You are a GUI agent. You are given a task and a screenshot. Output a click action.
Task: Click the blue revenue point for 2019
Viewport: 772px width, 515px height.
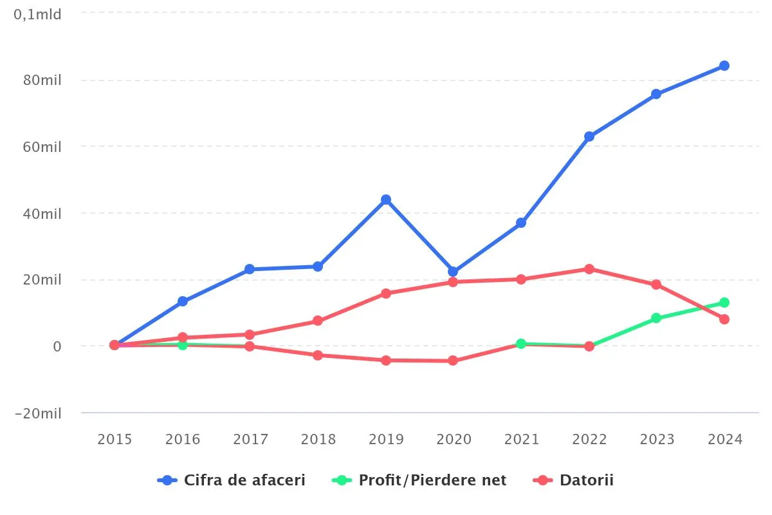point(386,200)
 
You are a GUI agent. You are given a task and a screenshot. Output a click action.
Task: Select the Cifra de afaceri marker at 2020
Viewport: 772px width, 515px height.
point(453,272)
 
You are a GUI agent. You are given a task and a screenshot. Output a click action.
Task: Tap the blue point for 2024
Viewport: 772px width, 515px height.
point(724,66)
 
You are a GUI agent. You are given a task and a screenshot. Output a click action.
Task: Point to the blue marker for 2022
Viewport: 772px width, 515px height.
point(589,136)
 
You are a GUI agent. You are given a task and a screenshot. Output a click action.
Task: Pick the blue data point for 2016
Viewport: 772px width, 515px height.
point(183,301)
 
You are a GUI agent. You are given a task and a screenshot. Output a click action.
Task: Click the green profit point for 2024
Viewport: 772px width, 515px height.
point(724,303)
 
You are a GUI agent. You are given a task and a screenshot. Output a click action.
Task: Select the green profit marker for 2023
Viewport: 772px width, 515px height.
point(656,318)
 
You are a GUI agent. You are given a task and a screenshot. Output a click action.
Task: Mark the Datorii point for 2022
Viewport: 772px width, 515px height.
point(589,269)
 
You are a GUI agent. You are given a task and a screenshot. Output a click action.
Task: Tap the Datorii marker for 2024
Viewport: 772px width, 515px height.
point(724,319)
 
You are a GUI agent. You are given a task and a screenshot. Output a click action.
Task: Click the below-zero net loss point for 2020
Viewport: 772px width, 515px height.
point(453,360)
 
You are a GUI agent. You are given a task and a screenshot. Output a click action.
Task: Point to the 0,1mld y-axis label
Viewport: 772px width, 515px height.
point(38,14)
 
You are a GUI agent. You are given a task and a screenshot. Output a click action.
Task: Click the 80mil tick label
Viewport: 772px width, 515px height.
point(42,80)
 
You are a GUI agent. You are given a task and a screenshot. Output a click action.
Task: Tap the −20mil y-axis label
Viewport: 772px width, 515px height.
point(38,413)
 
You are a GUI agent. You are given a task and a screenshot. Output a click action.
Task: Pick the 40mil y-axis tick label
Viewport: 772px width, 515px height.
point(42,214)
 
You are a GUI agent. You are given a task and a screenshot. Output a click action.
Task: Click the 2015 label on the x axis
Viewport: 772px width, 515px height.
point(115,440)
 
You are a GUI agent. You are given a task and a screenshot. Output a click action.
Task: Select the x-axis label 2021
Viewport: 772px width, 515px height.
point(521,440)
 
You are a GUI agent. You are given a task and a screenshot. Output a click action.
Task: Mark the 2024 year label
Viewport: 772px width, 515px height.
point(724,440)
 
